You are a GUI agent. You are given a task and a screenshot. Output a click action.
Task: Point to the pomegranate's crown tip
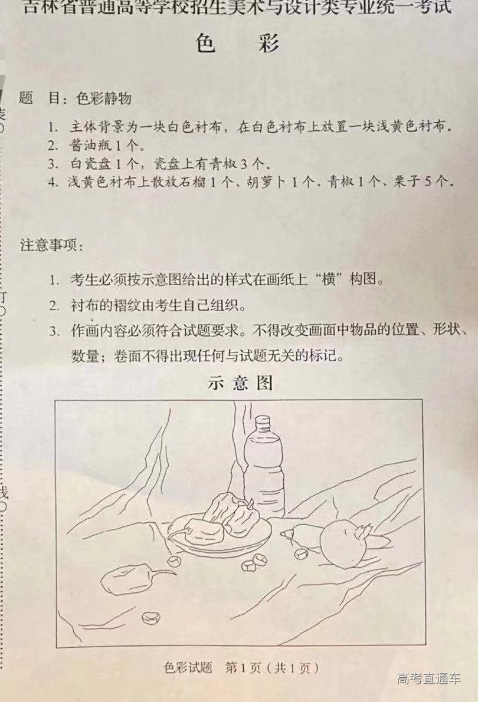point(366,530)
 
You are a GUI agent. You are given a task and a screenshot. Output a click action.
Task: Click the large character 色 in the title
point(206,44)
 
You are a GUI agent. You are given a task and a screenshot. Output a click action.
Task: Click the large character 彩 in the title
point(270,44)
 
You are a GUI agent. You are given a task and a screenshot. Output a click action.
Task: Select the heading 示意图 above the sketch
point(240,383)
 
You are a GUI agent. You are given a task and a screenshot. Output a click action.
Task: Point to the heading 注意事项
point(52,245)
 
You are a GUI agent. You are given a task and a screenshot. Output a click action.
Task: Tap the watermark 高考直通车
point(429,678)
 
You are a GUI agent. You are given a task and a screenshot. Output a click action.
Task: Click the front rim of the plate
point(218,552)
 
